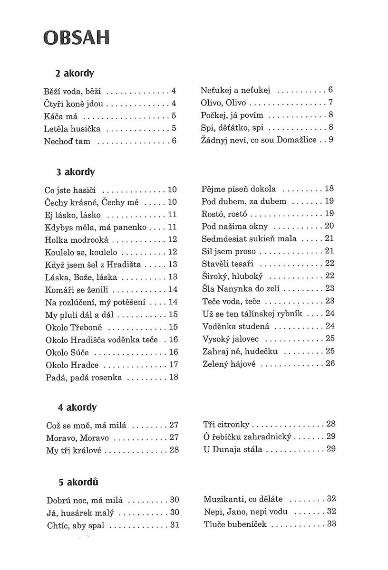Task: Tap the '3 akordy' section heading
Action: (x=76, y=171)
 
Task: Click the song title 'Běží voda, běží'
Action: (x=73, y=90)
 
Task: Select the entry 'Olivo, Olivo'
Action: (x=223, y=102)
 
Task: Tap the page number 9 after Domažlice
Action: (x=331, y=140)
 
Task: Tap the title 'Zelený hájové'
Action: (x=229, y=364)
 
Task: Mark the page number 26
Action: (x=330, y=364)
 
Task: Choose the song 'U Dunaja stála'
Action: (x=232, y=449)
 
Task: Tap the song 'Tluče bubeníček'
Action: (x=235, y=524)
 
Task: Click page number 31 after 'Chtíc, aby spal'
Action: (x=174, y=525)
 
